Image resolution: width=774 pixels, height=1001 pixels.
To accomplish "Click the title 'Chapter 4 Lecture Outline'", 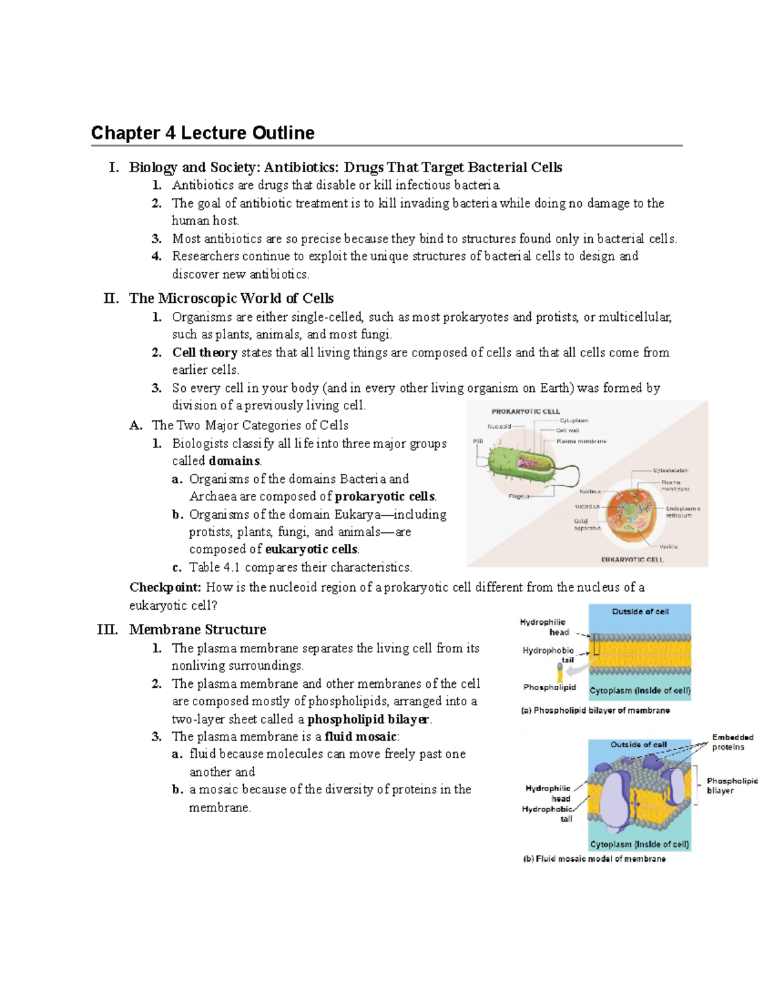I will [203, 133].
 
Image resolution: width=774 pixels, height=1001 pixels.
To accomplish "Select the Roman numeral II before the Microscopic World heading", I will [111, 298].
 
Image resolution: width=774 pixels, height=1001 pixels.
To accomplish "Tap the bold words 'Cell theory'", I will [204, 353].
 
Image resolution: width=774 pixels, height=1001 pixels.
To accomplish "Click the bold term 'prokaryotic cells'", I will [385, 496].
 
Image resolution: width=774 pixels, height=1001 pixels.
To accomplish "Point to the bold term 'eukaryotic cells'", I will [312, 549].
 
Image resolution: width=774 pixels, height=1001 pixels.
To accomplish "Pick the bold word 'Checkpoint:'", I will [165, 587].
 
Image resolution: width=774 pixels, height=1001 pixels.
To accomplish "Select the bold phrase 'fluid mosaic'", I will [360, 737].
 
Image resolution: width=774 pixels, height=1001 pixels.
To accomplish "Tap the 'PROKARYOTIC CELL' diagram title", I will [526, 411].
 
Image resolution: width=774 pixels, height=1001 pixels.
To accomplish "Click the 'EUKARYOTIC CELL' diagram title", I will [631, 559].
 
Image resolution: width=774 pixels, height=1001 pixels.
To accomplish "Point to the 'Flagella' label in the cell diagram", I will [519, 496].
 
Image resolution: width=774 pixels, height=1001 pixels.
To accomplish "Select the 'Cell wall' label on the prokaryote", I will [568, 431].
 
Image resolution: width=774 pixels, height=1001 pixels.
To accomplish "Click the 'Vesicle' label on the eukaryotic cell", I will [668, 547].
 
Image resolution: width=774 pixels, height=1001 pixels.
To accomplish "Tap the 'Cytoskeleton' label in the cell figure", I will [670, 471].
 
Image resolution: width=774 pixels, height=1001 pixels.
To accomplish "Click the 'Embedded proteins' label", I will [732, 742].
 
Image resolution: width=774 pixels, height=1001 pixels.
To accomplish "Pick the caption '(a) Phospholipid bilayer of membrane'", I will [595, 710].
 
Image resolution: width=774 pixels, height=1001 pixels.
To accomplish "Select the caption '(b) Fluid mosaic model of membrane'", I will [594, 859].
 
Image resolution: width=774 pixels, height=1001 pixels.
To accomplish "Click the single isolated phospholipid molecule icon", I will [560, 675].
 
